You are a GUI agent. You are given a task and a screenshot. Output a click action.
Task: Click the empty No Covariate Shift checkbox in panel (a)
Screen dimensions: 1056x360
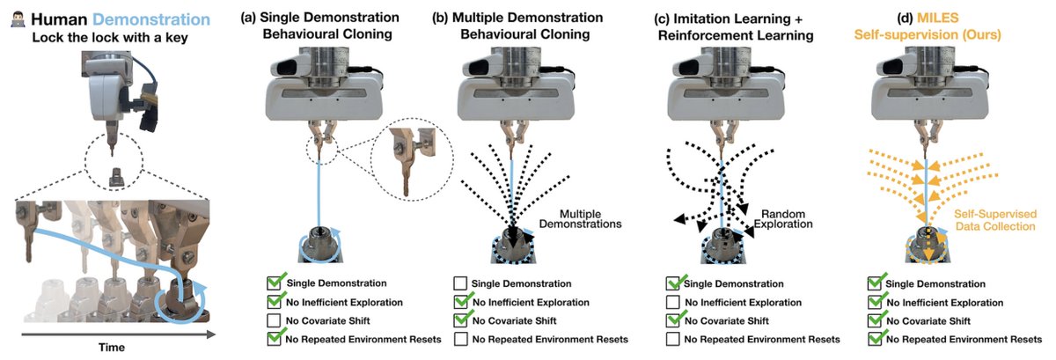point(274,320)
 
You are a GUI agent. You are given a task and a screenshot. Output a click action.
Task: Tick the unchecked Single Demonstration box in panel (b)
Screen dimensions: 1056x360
point(460,283)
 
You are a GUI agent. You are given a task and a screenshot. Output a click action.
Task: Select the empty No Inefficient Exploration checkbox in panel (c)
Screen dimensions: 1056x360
point(672,302)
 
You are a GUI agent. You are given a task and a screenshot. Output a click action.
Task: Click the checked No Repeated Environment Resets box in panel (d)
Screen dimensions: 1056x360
point(876,338)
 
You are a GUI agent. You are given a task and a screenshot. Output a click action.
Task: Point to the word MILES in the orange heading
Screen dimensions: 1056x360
point(937,18)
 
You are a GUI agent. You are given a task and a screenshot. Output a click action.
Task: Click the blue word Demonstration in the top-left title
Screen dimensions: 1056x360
point(151,19)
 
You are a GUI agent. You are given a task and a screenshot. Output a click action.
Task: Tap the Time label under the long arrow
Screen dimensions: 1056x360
point(112,348)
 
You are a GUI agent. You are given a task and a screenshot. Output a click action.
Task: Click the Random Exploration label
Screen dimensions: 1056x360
point(783,219)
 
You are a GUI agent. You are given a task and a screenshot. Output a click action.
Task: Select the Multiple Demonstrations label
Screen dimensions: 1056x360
point(580,219)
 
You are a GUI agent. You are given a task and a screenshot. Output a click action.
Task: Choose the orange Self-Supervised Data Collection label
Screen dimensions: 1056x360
point(995,220)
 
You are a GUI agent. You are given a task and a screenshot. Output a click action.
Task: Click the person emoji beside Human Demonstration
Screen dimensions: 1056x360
point(18,19)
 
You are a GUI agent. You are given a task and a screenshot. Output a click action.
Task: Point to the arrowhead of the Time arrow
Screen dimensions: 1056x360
point(212,334)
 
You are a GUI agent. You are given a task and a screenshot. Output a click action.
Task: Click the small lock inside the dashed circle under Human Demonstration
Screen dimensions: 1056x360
point(115,178)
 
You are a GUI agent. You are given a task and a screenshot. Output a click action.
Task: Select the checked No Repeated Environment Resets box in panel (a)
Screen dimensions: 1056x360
point(275,338)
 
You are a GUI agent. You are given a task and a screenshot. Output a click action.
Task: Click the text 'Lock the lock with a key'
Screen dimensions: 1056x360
point(110,37)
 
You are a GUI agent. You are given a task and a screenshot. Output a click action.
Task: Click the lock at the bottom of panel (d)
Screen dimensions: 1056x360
point(928,245)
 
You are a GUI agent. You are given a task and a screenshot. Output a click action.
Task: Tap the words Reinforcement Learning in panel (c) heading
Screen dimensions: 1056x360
point(736,35)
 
